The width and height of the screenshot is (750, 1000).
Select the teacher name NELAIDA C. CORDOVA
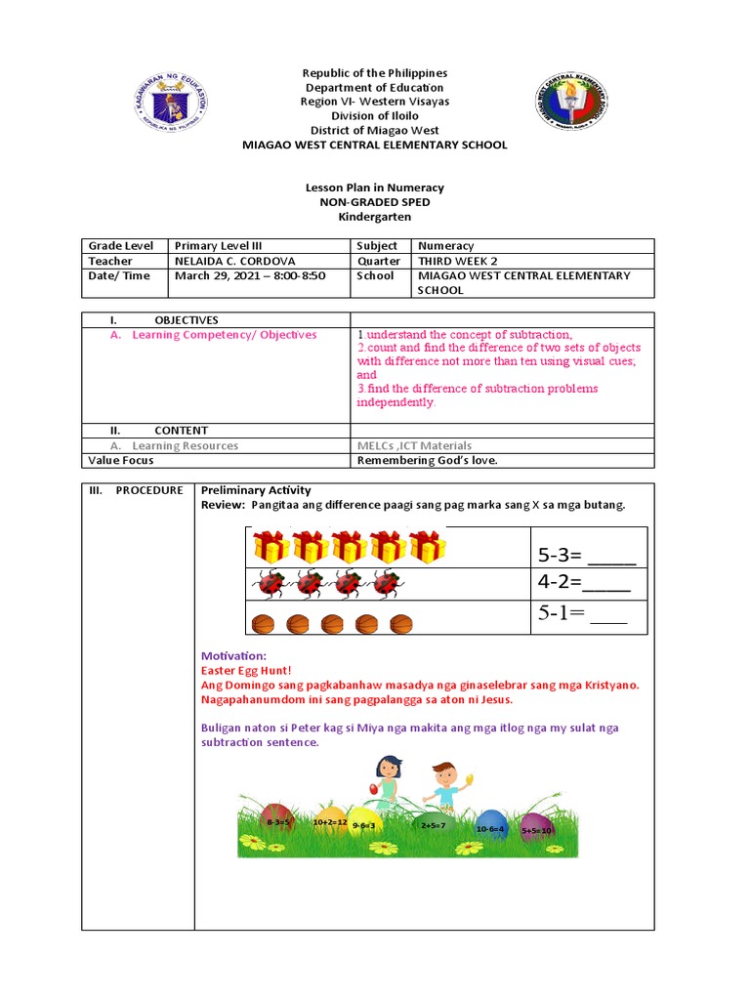(233, 261)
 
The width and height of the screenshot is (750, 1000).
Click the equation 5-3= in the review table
(586, 556)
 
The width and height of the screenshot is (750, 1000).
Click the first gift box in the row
(270, 546)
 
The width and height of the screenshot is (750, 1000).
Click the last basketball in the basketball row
(400, 622)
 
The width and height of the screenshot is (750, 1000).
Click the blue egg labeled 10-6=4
(490, 826)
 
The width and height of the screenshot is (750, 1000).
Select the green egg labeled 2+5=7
(433, 824)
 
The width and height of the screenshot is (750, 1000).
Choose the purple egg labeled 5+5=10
(536, 828)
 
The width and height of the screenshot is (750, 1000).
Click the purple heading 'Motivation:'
(232, 655)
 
